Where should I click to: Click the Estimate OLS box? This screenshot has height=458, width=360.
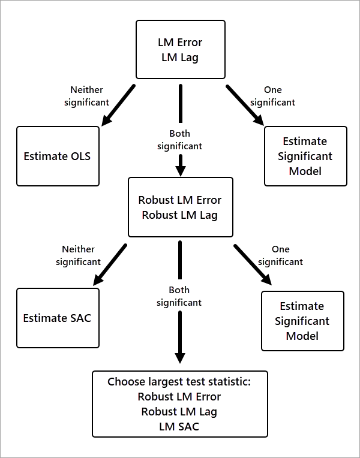58,156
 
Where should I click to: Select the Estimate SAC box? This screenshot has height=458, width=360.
57,318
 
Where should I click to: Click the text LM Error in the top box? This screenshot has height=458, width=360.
180,43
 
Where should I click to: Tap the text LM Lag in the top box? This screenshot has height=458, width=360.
180,58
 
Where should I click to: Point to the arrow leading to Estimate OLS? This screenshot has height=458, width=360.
118,106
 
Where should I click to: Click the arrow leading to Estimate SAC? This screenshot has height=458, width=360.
110,264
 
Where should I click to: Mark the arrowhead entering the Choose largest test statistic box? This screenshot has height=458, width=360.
180,357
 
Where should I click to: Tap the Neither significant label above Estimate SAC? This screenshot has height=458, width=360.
78,255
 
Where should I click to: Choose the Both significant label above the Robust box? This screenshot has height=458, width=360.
179,140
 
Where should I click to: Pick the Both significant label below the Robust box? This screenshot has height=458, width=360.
179,296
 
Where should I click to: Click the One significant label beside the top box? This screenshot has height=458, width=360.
272,96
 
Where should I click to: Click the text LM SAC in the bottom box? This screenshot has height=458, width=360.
179,426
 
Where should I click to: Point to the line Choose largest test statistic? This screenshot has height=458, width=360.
179,381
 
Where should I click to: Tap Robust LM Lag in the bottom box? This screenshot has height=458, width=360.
179,411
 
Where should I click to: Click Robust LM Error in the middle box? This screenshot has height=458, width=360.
180,200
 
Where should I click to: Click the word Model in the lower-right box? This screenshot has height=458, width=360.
302,336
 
